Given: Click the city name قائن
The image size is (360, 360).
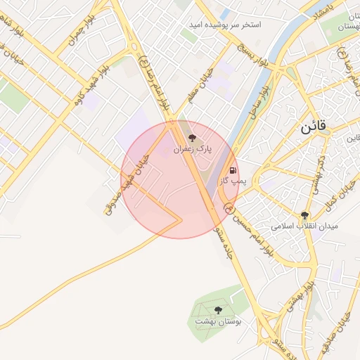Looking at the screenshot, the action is click(x=313, y=129).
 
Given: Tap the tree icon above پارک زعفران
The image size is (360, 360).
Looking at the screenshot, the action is click(x=192, y=138).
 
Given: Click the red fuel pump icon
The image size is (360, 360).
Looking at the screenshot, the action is click(x=232, y=170).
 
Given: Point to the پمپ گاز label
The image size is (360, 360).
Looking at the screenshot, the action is click(x=231, y=181).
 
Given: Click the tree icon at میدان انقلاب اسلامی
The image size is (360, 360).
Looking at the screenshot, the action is click(x=304, y=215).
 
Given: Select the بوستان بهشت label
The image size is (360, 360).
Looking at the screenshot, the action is click(x=218, y=321).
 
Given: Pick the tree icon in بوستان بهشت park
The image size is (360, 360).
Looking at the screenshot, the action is click(x=218, y=309).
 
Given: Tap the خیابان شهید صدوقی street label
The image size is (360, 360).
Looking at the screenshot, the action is click(x=127, y=184).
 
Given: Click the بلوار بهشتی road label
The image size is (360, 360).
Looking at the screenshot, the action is click(x=297, y=295).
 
